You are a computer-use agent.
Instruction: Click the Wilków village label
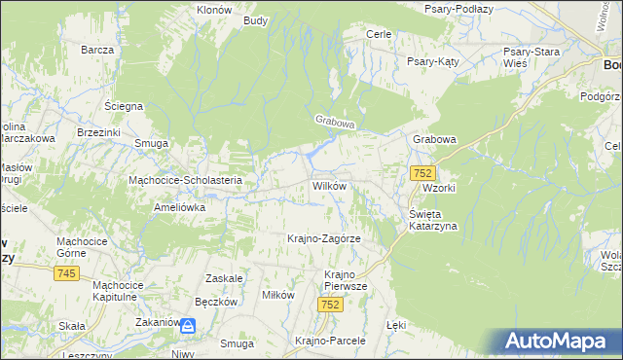329,185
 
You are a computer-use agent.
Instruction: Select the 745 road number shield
65,274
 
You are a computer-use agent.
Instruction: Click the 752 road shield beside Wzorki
421,173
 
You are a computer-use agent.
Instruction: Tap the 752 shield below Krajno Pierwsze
330,305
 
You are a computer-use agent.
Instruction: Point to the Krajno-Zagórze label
324,238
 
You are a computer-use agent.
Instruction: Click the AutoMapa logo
562,342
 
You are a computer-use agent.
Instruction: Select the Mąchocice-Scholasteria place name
192,180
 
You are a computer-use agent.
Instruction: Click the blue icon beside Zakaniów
191,328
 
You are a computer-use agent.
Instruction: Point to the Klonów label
213,9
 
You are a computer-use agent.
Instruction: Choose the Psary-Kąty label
432,60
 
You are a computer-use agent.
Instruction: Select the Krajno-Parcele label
329,342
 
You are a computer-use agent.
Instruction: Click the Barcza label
98,49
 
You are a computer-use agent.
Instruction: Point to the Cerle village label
378,34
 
